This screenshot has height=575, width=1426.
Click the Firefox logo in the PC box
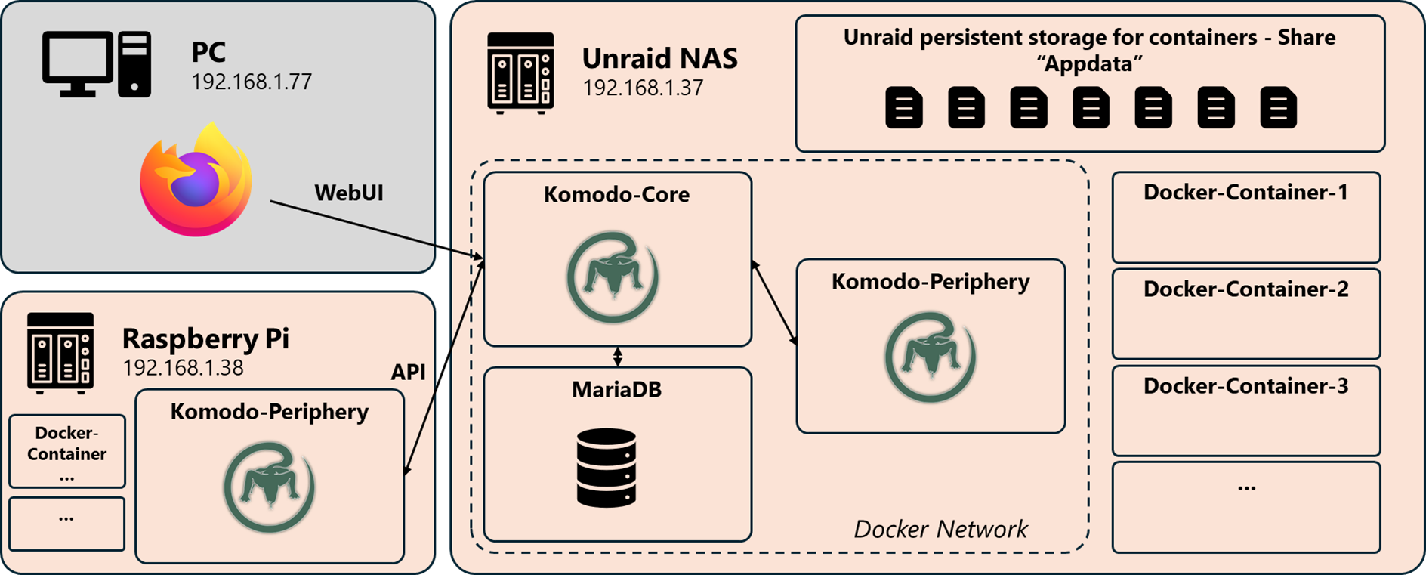(x=196, y=180)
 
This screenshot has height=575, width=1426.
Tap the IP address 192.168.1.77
(x=252, y=82)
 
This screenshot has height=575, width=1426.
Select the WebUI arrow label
(x=349, y=193)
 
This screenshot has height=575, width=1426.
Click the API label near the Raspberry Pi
(x=408, y=372)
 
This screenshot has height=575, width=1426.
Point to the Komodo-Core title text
(x=616, y=194)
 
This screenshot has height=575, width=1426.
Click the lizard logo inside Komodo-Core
(x=613, y=277)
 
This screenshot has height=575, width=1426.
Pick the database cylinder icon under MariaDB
(x=607, y=468)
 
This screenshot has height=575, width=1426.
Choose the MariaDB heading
(x=616, y=389)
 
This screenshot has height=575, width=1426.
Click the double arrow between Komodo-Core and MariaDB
(x=618, y=357)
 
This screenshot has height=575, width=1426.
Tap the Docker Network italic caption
(x=940, y=529)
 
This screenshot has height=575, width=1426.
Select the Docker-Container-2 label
(x=1245, y=289)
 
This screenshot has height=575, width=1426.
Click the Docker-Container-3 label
(x=1245, y=385)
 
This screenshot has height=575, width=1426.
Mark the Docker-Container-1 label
(x=1245, y=192)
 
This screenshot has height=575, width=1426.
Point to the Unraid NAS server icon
(x=520, y=73)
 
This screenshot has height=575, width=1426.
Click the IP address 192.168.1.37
(x=643, y=88)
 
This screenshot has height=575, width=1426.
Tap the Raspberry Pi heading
(x=205, y=338)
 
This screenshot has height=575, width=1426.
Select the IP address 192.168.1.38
(x=183, y=367)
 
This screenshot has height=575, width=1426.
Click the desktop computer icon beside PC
(x=97, y=64)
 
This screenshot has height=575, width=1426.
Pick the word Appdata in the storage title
(x=1089, y=63)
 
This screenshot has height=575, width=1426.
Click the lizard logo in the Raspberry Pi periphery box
(x=269, y=487)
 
